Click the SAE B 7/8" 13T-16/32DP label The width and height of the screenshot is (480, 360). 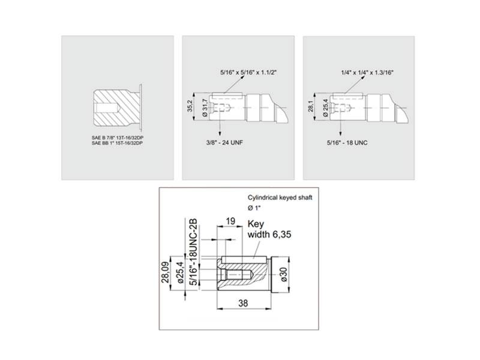tap(117, 138)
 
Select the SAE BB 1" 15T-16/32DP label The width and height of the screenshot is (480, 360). tap(117, 143)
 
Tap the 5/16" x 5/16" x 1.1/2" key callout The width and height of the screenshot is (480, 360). tap(248, 73)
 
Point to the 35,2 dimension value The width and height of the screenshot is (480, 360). tap(190, 106)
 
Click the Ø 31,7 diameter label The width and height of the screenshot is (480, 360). tap(205, 108)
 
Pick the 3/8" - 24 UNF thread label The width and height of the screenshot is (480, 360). tap(224, 143)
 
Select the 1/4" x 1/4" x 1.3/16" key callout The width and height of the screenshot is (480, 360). tap(367, 73)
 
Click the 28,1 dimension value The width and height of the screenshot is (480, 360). tap(311, 106)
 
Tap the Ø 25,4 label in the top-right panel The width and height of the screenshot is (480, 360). tap(326, 108)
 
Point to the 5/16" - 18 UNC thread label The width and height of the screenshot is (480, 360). tap(347, 143)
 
